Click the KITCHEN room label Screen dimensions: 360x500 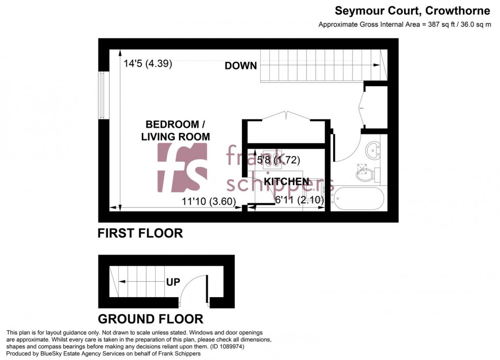[x=286, y=182]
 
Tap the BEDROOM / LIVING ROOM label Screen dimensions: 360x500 [x=176, y=130]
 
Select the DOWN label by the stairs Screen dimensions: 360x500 [x=240, y=65]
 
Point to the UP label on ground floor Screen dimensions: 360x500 [x=173, y=281]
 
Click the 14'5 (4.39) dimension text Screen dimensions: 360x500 [x=147, y=64]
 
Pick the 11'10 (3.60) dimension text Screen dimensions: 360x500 [x=208, y=201]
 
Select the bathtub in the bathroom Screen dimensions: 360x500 [x=359, y=199]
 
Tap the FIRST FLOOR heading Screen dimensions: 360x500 [x=140, y=233]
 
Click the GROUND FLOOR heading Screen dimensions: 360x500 [x=150, y=319]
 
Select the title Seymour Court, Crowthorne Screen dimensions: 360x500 [x=405, y=11]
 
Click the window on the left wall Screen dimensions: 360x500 [x=103, y=95]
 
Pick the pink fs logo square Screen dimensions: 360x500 [x=182, y=167]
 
